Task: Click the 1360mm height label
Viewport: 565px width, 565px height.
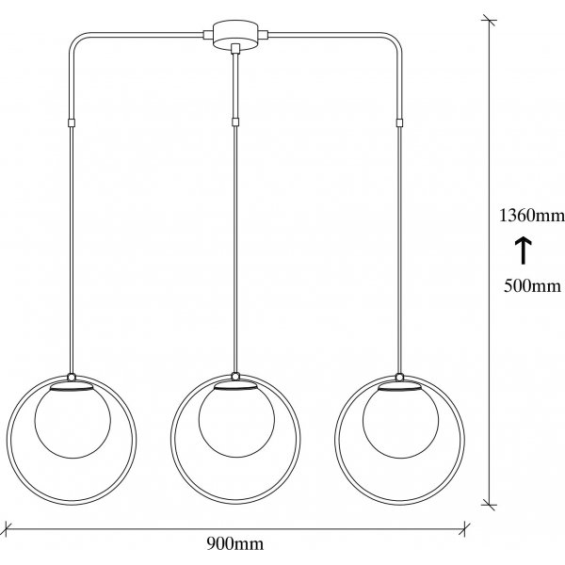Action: point(532,216)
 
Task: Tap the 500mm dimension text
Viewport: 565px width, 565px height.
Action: point(532,286)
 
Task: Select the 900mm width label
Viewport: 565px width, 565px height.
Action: point(234,543)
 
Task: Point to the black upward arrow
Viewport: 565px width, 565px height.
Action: point(523,250)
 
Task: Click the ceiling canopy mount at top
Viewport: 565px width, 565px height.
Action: point(235,34)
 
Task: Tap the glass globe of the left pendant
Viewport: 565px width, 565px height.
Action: point(73,420)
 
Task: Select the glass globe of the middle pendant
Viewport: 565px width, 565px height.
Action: point(236,420)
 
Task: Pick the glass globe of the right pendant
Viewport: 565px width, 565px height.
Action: point(401,420)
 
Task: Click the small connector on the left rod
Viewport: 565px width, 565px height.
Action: point(72,122)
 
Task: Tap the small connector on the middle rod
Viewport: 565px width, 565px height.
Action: point(235,121)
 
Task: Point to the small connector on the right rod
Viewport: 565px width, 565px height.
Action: point(399,122)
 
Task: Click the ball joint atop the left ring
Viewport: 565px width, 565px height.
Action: point(72,377)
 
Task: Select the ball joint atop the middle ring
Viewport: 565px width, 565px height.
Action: point(235,376)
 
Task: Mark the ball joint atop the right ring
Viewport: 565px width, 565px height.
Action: point(399,377)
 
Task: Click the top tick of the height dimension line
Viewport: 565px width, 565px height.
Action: point(489,21)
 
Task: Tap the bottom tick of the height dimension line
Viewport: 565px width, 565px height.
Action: point(489,505)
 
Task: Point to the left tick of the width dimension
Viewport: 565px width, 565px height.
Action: point(7,529)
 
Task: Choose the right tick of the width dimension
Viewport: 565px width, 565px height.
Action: point(465,529)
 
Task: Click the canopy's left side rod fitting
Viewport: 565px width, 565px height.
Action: point(208,35)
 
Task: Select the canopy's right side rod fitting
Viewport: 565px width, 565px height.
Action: point(264,35)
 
